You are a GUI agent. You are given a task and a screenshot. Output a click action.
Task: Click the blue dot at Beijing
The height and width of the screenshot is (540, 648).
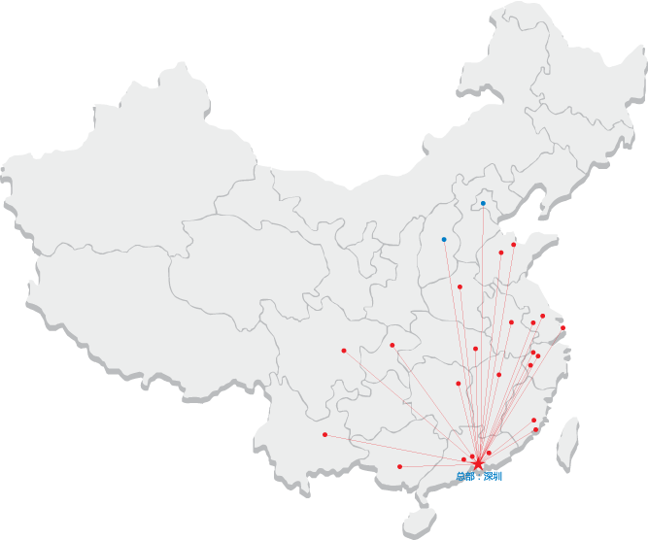pos(483,204)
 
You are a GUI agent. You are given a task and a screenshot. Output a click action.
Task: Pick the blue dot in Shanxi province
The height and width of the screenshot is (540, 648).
pos(444,239)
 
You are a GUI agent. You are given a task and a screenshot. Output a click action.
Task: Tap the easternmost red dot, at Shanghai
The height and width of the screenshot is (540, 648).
pos(563,328)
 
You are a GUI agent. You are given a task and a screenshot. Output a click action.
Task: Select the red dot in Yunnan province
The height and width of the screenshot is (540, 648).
pos(324,434)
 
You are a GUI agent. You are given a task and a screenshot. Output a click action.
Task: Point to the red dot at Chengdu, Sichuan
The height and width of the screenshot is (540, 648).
pos(344,351)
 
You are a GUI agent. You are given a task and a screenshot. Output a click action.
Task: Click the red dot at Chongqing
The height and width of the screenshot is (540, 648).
pos(392,345)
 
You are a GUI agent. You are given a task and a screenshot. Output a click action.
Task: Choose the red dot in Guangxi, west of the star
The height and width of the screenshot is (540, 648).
pos(400,467)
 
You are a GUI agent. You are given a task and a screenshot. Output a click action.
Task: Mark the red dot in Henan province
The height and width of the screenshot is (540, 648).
pos(460,287)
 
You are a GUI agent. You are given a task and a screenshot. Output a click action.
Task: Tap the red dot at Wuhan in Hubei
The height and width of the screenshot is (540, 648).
pos(475,349)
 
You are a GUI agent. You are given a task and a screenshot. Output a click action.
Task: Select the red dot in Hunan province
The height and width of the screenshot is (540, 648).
pos(458,384)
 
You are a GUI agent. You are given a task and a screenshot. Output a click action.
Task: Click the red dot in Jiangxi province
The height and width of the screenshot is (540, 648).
pos(499,375)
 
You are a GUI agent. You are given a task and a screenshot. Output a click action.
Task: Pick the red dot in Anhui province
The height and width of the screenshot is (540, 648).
pos(511,322)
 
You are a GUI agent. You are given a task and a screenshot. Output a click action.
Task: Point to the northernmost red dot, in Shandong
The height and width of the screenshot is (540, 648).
pos(514,245)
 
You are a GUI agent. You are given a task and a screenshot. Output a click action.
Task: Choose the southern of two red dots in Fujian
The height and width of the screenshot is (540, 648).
pos(536,429)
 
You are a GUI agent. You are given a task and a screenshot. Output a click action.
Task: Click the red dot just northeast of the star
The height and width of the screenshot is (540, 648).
pos(489,453)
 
